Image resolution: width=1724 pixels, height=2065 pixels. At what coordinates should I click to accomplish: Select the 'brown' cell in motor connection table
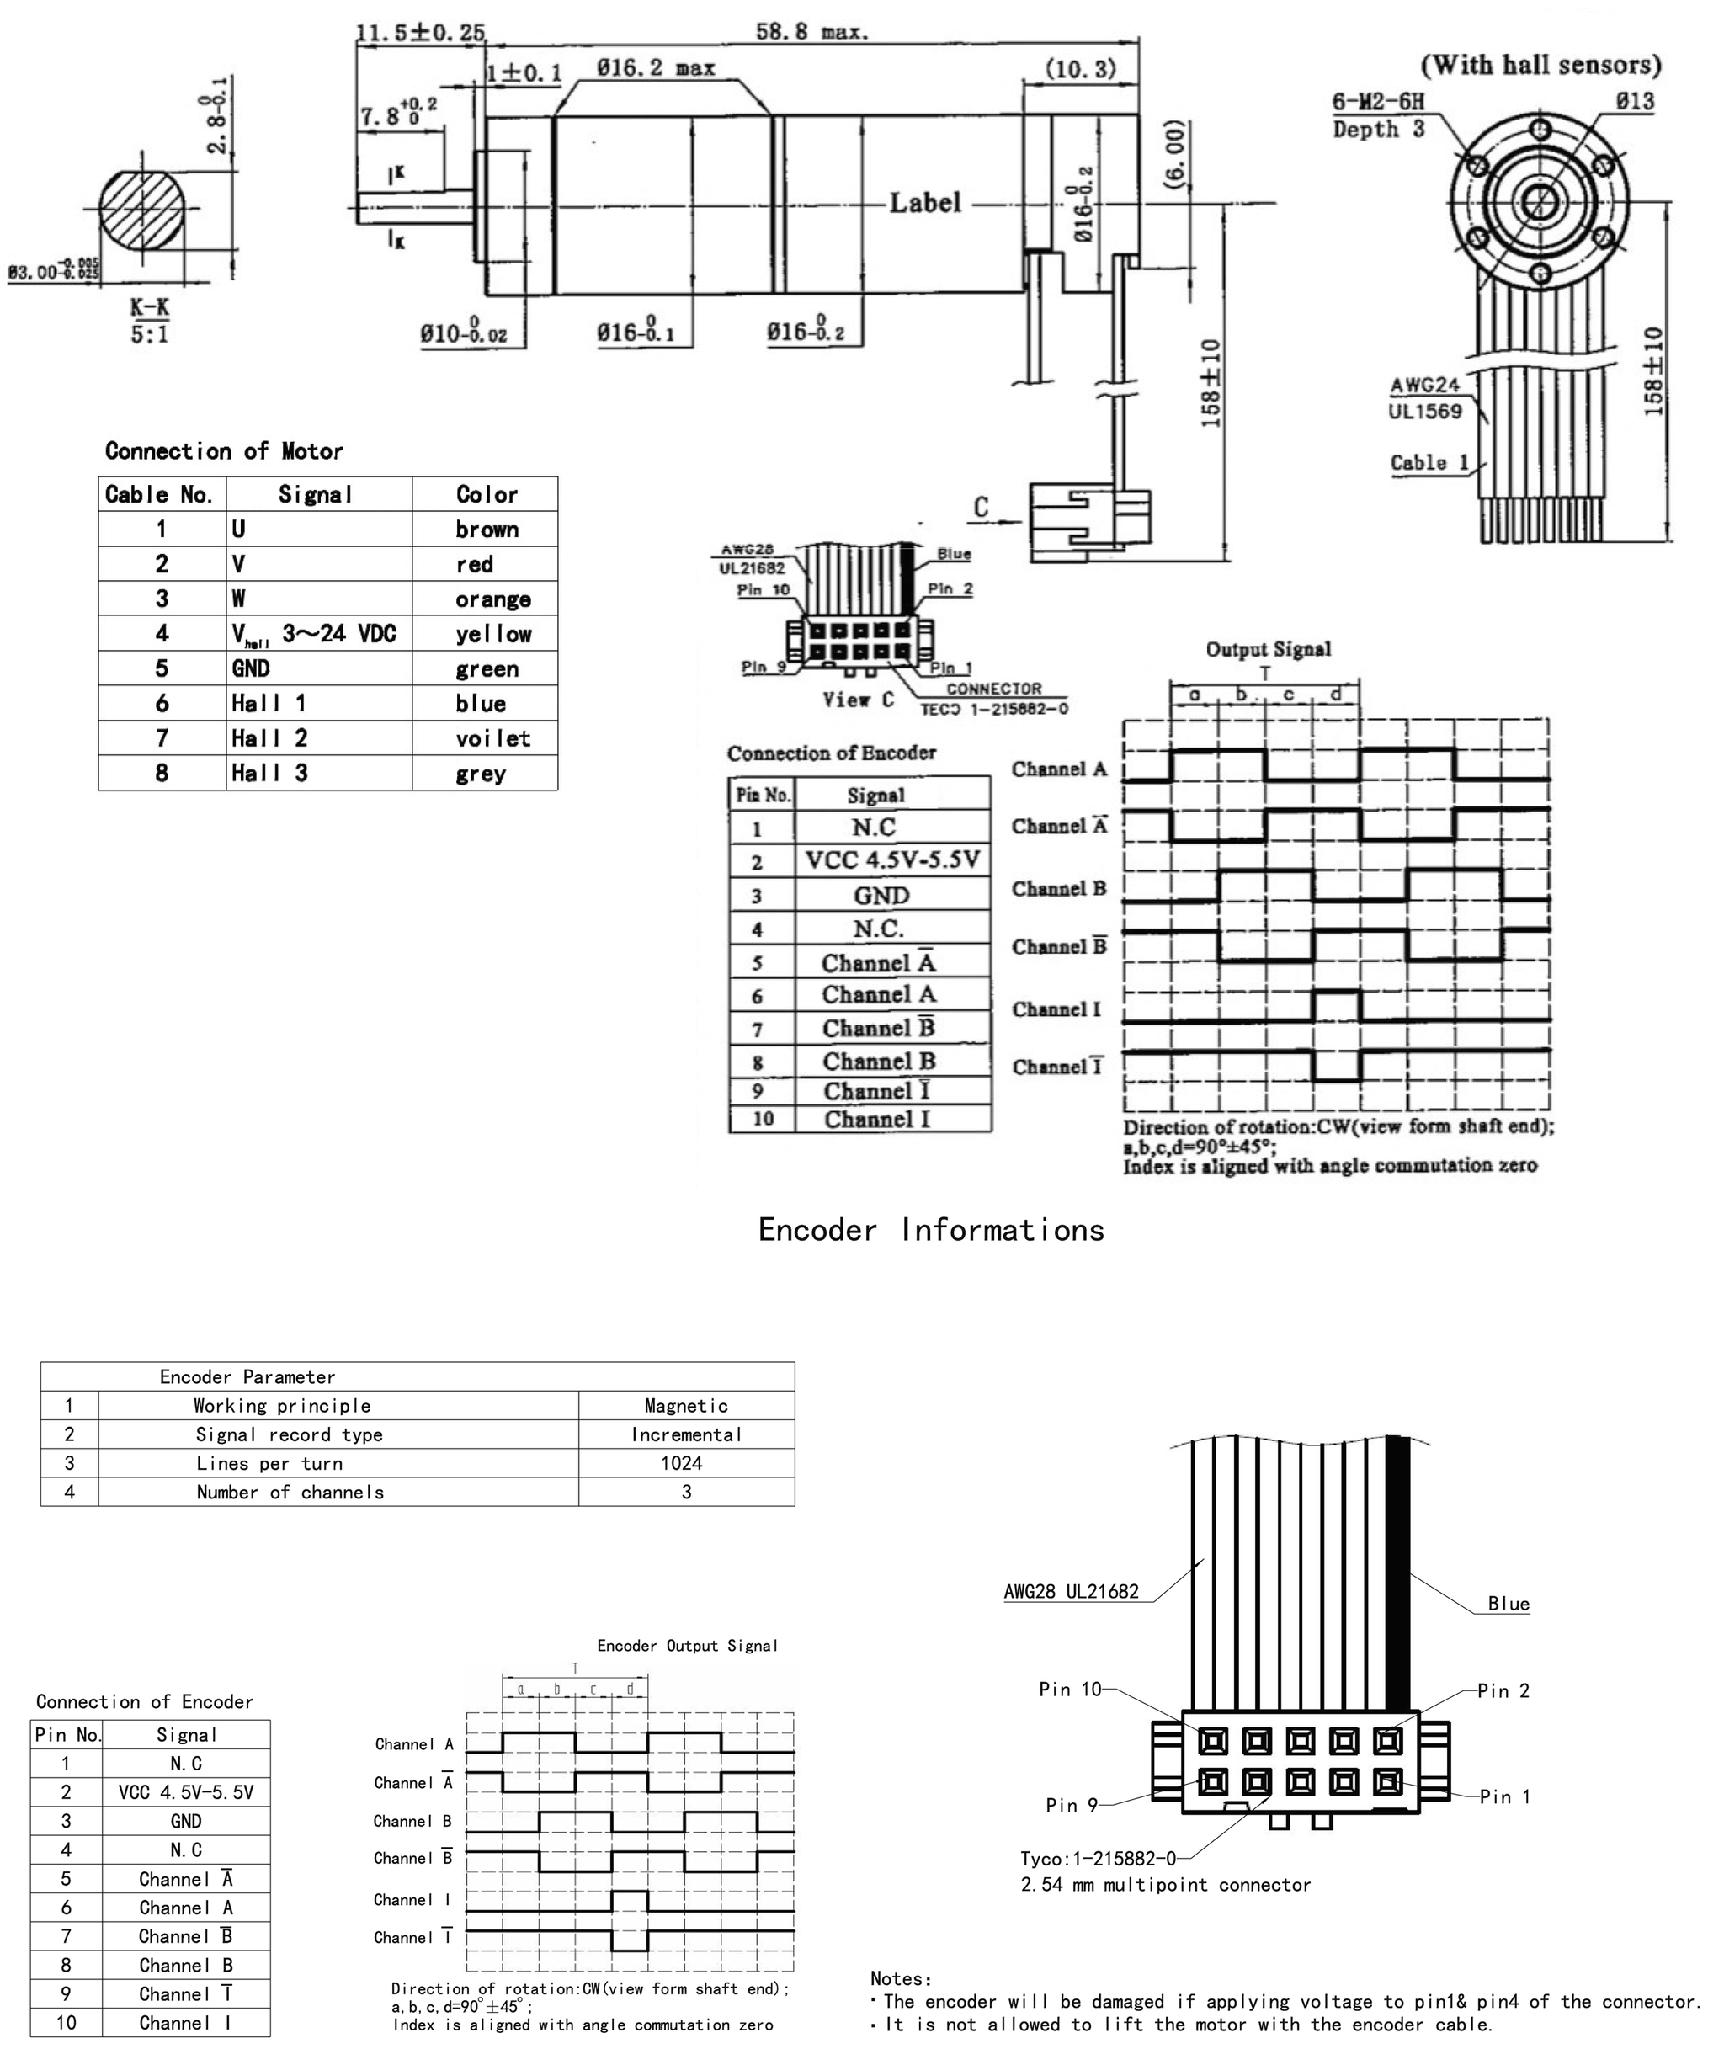(486, 529)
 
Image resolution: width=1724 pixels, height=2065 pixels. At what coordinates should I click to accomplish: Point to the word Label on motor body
(924, 204)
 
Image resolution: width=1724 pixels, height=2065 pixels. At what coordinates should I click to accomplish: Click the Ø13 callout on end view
(1634, 100)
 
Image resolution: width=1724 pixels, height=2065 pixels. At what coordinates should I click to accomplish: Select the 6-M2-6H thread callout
(1377, 101)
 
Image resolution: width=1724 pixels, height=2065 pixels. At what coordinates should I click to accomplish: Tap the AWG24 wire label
(1423, 386)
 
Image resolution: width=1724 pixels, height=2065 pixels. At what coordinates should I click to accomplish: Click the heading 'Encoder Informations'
(930, 1230)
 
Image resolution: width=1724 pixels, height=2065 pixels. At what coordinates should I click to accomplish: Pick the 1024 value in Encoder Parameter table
(682, 1463)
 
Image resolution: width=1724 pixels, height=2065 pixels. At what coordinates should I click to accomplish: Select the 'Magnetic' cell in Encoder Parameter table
(685, 1406)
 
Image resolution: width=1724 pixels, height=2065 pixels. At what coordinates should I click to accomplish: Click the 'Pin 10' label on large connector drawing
(1069, 1690)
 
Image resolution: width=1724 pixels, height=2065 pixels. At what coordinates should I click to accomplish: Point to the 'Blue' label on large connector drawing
(1508, 1604)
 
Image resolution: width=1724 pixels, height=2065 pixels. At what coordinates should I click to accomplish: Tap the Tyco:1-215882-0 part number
(1098, 1859)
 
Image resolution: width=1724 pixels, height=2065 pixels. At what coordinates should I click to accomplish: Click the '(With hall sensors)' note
(1540, 65)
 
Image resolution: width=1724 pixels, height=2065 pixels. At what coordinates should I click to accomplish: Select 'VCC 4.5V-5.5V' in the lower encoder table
(186, 1792)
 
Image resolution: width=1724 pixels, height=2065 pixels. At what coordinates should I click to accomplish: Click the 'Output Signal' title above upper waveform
(1268, 649)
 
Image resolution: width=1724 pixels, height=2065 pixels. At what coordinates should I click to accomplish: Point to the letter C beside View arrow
(981, 508)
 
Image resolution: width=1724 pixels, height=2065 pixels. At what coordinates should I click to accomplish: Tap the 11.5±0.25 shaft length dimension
(420, 33)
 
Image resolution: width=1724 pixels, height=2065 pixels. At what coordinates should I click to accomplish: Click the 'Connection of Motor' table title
(223, 451)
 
